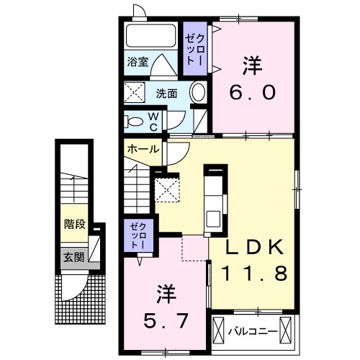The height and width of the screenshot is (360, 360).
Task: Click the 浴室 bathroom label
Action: coord(138,62)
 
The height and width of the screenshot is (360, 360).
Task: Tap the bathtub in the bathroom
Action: coord(150,35)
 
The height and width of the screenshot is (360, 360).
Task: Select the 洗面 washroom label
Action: coord(166,94)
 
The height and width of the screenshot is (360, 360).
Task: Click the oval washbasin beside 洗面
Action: coord(198,92)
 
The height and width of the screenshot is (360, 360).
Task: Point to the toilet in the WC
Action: coord(133,122)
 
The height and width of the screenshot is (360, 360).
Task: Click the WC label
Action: coord(153,122)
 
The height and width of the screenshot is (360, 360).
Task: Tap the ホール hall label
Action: coord(143,149)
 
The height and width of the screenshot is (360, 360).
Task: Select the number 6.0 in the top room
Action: coord(252,93)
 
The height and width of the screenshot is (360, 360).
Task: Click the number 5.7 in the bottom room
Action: coord(166,321)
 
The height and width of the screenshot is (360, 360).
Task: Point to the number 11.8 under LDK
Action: coord(254,274)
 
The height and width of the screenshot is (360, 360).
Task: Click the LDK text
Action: coord(254,247)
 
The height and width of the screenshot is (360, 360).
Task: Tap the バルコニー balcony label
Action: coord(253,332)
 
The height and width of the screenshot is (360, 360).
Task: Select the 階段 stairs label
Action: coord(75,224)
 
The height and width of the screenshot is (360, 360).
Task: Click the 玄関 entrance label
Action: coord(73,258)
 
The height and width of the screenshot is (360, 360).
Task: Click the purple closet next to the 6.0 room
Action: coord(195,48)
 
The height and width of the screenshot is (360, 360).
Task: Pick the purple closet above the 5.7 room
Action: coord(139,235)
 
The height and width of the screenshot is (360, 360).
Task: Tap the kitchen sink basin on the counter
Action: coord(213,219)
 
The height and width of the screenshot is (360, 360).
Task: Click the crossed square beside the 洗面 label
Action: coord(135,92)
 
